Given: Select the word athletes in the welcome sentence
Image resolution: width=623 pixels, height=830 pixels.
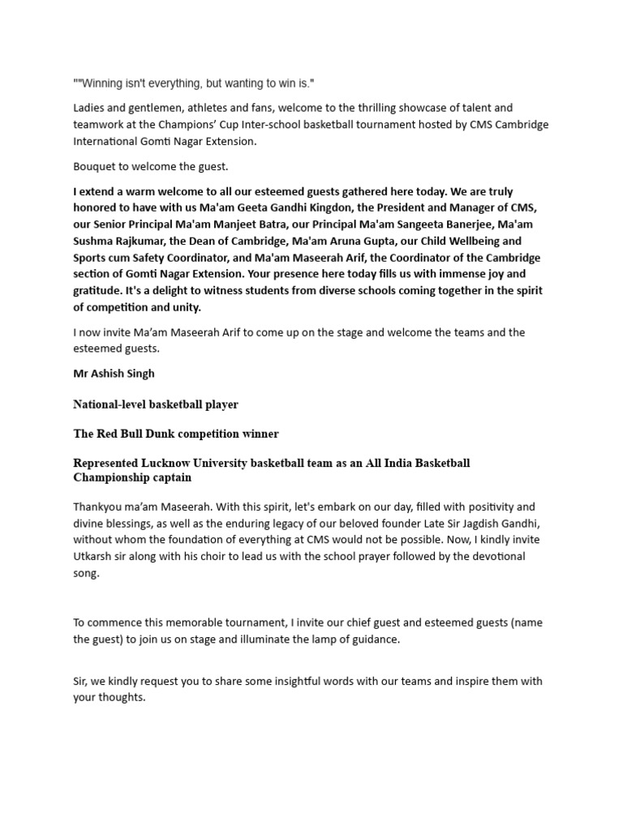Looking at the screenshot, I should (x=210, y=108).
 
